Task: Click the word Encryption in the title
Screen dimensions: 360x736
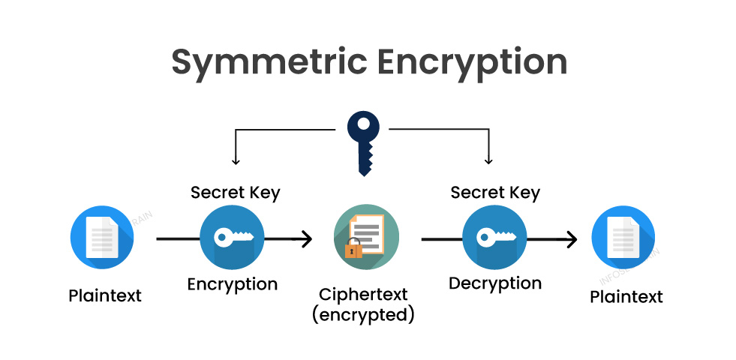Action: [472, 62]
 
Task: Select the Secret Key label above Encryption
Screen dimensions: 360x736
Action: [235, 192]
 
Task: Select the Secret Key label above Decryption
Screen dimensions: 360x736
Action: [495, 192]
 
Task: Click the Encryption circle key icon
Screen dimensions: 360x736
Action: [232, 238]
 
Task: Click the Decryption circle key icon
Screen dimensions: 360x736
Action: [494, 238]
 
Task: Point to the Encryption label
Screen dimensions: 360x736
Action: [233, 285]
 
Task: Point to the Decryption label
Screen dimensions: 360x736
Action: [495, 283]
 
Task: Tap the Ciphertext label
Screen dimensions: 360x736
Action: [364, 294]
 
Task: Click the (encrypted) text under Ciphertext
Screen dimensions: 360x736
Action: [364, 314]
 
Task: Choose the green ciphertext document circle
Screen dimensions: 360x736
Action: [366, 238]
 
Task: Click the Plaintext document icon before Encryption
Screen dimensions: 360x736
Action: [102, 238]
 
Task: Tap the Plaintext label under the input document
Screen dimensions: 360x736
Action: [105, 295]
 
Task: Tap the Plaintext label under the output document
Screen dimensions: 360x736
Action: [626, 297]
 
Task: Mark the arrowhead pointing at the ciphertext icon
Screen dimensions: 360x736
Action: [307, 240]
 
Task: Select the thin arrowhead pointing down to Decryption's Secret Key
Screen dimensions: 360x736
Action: [489, 160]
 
